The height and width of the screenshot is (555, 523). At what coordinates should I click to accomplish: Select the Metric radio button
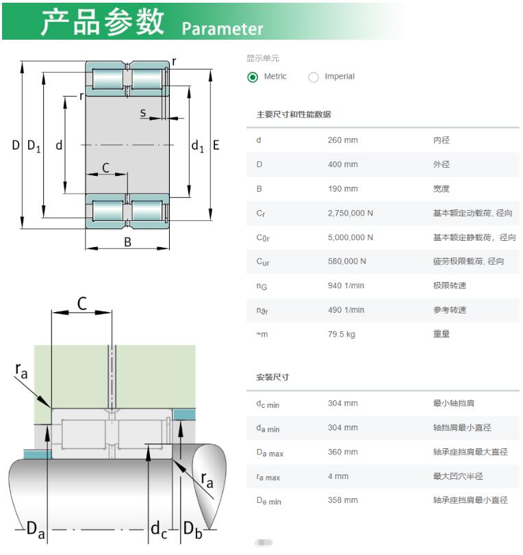[253, 77]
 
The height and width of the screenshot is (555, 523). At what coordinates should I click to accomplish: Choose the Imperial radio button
[313, 77]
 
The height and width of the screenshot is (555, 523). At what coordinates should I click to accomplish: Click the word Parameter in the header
[222, 29]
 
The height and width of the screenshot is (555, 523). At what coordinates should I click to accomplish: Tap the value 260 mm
[343, 140]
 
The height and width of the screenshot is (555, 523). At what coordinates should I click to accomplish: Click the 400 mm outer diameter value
[343, 165]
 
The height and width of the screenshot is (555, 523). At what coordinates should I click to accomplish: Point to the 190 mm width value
[343, 189]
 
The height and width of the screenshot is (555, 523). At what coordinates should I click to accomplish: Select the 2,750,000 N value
[350, 213]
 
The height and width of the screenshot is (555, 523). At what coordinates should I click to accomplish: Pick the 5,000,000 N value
[350, 237]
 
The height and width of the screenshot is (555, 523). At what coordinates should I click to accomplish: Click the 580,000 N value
[347, 261]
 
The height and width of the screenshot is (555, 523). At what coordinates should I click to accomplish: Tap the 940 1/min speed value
[346, 285]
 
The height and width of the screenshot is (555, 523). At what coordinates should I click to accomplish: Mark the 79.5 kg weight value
[342, 335]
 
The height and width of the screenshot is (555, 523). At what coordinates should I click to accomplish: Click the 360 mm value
[343, 452]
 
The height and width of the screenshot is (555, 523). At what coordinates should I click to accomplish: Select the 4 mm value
[338, 476]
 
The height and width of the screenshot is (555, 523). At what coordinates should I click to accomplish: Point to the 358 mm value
[343, 500]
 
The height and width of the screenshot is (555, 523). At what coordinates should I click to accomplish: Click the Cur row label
[263, 262]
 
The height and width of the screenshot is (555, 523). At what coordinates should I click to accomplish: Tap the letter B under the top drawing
[127, 242]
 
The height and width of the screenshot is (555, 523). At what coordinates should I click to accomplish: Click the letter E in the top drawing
[216, 145]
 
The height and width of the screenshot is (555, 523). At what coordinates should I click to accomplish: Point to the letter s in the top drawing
[142, 113]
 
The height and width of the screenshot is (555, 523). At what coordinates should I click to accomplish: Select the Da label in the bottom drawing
[36, 530]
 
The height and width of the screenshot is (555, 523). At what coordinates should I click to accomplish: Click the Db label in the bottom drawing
[193, 530]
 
